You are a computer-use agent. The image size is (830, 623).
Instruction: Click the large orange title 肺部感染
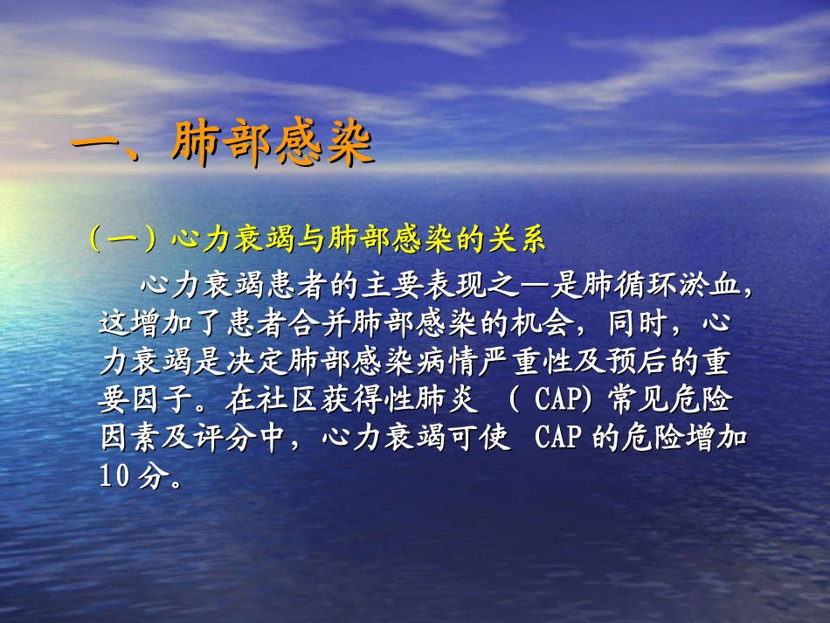[x=273, y=146]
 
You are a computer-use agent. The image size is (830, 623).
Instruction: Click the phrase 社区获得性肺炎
[x=353, y=399]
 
